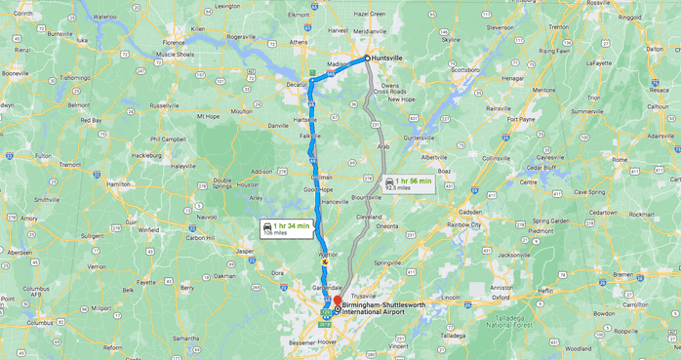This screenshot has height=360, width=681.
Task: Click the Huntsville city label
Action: (x=388, y=59)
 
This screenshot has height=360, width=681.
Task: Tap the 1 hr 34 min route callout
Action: (x=286, y=229)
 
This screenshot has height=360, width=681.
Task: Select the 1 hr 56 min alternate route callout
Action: (x=408, y=183)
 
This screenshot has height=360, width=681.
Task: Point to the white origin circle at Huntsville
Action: (x=367, y=59)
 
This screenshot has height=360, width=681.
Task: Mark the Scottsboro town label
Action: (x=465, y=70)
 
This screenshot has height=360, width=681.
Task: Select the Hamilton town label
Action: (x=118, y=183)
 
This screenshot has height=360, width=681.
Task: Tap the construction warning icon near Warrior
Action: (x=325, y=260)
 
